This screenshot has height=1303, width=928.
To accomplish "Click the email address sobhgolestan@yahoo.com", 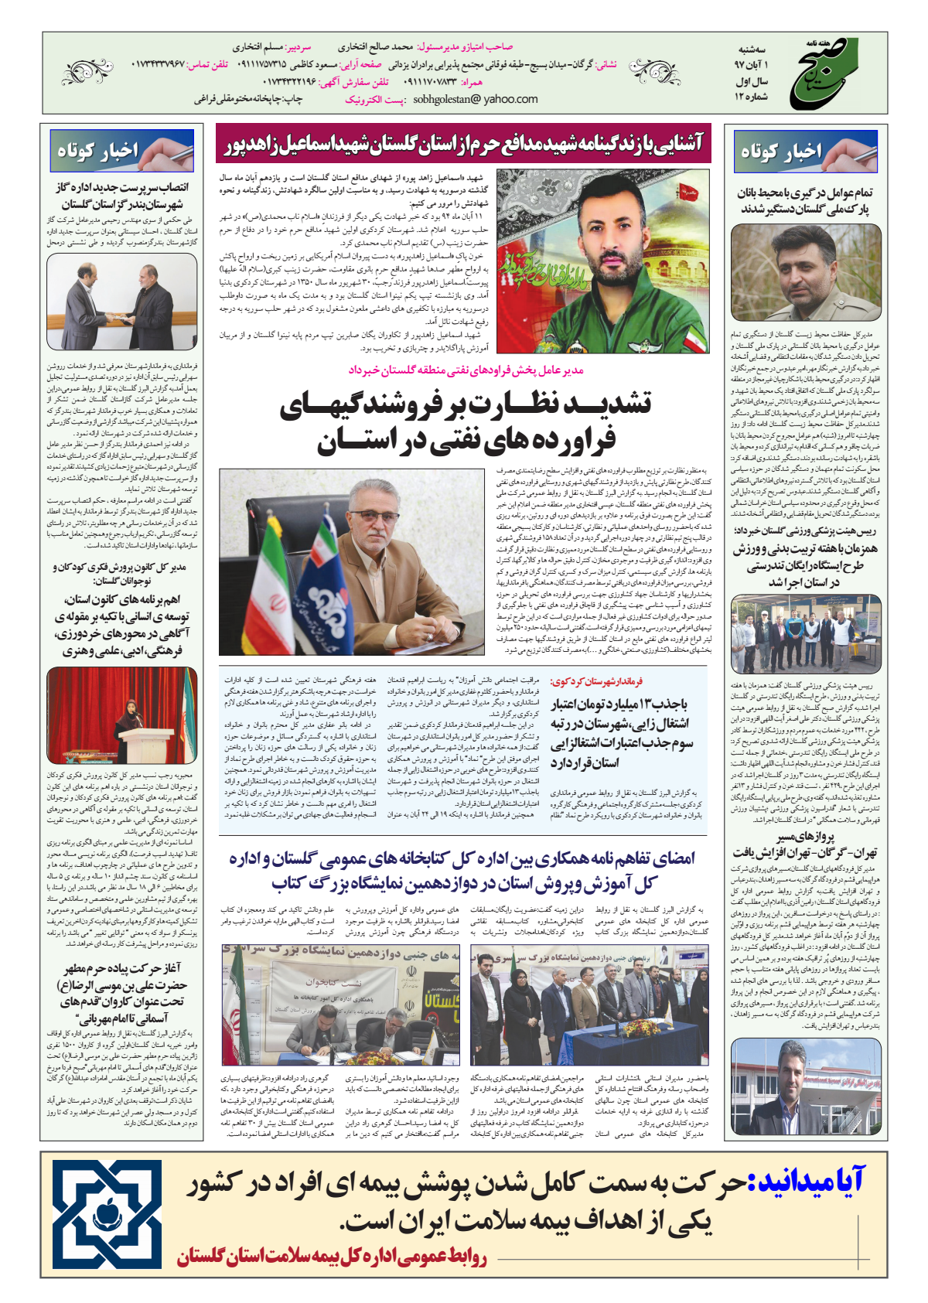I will (476, 99).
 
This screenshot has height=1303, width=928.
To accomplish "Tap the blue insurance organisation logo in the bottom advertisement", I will (107, 1213).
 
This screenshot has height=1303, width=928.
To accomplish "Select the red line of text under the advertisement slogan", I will (332, 1256).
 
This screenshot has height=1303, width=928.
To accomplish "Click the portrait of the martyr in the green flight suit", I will (602, 261).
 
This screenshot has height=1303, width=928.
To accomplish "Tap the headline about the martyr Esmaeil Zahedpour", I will (463, 144).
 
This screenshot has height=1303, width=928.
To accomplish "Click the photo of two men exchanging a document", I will (122, 302).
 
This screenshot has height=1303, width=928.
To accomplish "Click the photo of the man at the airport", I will (806, 1086).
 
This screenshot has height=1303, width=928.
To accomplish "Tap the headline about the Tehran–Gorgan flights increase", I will (806, 845).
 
